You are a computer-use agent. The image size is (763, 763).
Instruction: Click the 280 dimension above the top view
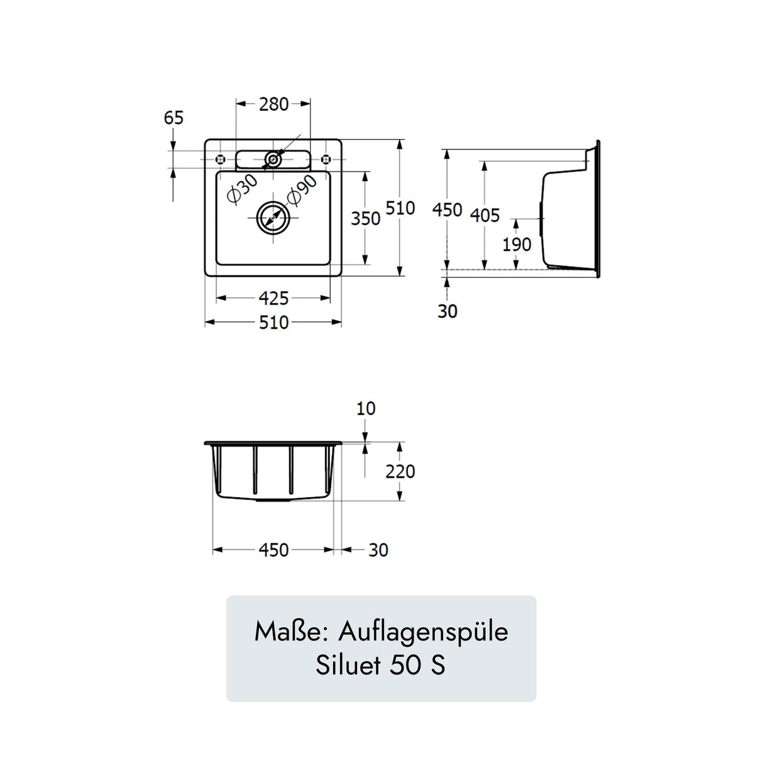coord(273,104)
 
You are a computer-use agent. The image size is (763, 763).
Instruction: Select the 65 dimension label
coord(173,118)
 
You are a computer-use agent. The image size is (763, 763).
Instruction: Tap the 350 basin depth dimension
coord(365,219)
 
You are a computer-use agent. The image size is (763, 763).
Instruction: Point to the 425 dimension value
coord(273,299)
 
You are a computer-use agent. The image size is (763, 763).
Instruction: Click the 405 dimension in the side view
coord(485,216)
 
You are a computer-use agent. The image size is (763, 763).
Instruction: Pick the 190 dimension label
coord(517,244)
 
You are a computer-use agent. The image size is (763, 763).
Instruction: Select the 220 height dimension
coord(400,471)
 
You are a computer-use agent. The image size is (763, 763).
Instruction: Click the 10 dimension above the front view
coord(365,409)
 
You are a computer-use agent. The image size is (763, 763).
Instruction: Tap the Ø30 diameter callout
coord(242,189)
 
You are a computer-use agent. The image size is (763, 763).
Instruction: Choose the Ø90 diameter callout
coord(302,190)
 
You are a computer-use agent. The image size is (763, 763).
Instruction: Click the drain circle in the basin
coord(273,218)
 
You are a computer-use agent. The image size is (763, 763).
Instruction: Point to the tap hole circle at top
coord(272,160)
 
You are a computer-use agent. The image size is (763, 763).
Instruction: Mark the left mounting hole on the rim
coord(220,159)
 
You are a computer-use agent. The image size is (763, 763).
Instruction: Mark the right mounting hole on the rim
coord(326,159)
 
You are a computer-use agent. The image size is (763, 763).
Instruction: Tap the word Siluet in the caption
coord(348,665)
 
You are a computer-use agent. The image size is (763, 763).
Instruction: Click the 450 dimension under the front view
coord(273,551)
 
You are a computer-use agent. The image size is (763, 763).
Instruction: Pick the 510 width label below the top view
coord(273,323)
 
